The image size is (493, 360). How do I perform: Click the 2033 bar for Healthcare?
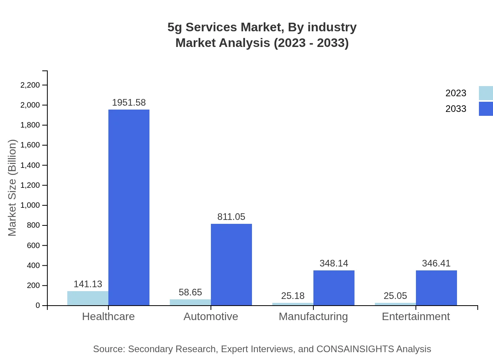(129, 207)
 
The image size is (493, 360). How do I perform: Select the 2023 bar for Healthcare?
(88, 298)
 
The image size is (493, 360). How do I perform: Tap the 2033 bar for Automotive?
(231, 265)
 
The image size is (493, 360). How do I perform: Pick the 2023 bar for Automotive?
(190, 302)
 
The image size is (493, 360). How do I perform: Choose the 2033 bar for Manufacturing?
(334, 288)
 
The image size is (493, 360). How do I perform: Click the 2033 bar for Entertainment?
(436, 288)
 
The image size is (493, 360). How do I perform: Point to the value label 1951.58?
(129, 103)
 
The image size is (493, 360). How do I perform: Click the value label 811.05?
(231, 217)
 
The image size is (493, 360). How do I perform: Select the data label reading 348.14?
(334, 263)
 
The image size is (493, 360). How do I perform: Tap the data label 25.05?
(395, 296)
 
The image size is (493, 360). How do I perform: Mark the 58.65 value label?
(190, 292)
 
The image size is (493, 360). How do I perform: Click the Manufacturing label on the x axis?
(313, 317)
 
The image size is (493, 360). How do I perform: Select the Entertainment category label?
(416, 317)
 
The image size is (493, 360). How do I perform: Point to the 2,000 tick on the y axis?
(30, 105)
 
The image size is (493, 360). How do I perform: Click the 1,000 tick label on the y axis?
(30, 205)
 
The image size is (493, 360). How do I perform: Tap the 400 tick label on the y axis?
(33, 266)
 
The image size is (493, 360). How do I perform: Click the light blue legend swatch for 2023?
(486, 93)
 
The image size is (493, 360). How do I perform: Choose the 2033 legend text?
(456, 109)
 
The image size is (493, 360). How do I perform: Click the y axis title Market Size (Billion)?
(13, 188)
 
